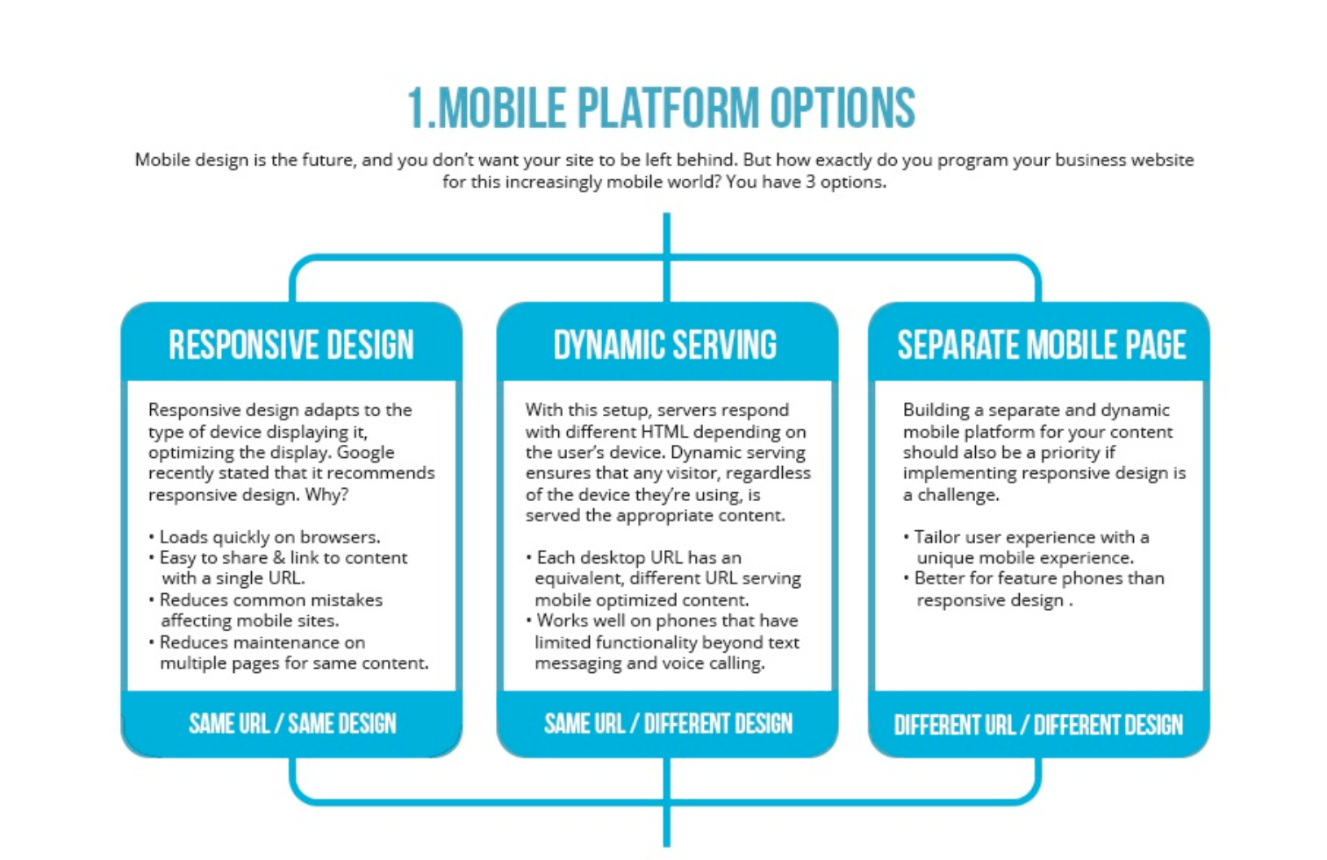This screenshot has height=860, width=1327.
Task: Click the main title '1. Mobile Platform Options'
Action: [662, 107]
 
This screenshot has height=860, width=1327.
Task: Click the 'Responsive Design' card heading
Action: [291, 345]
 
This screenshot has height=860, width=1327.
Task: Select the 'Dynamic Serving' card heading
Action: [664, 345]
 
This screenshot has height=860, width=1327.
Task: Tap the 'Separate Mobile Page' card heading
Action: [1042, 345]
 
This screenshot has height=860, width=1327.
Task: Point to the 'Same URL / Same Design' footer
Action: [292, 723]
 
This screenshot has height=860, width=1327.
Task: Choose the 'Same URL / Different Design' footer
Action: [668, 723]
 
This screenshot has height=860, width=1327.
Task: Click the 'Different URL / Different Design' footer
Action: [1038, 724]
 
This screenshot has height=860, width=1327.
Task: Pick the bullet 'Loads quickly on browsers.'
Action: [264, 537]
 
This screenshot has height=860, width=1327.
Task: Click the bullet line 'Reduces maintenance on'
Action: [256, 642]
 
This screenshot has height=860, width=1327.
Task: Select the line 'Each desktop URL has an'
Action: [634, 558]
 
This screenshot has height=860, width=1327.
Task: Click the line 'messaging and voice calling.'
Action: [649, 663]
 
